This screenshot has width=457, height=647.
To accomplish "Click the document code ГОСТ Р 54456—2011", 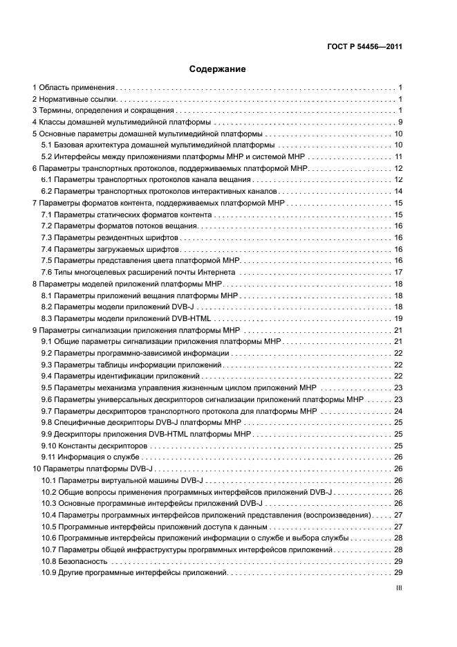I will coord(364,48).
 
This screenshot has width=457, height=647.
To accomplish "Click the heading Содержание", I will coord(218,69).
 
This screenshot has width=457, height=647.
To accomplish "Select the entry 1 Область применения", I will coord(74,88).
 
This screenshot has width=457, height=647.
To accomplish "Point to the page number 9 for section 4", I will coord(400,122).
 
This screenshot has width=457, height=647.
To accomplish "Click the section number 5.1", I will coord(47,145).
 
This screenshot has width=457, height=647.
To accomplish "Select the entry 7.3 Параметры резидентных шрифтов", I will coord(110,237).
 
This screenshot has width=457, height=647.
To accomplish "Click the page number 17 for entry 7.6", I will coord(398,272).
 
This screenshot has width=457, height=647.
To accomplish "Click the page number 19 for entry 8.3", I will coord(398,318).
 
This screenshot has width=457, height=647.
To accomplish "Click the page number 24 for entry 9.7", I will coord(398,411).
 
